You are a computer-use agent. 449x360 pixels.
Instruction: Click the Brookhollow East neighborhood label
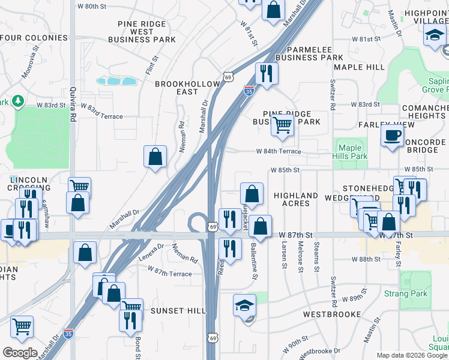point(176,88)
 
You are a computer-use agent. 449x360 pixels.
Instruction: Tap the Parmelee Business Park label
point(307,53)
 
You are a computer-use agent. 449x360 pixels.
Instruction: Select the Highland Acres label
point(296,199)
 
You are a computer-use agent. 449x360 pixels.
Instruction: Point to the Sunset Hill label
point(178,311)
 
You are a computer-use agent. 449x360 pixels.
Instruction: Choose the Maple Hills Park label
point(349,152)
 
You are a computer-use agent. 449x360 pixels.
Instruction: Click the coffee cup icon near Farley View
point(392,135)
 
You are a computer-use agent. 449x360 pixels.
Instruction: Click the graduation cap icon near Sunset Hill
point(244,306)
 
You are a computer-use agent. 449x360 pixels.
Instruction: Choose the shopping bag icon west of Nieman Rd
point(155,157)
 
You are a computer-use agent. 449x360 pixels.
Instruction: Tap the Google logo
point(20,352)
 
